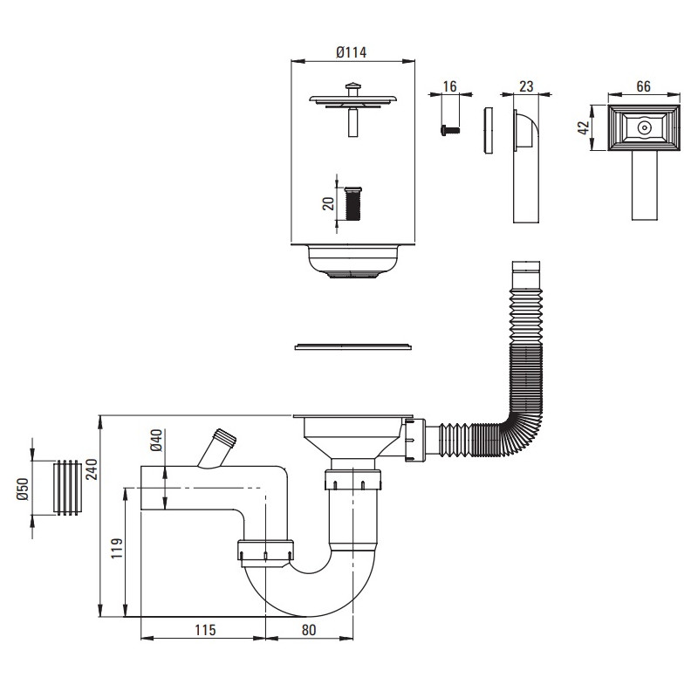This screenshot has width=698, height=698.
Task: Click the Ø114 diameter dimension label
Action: tap(351, 51)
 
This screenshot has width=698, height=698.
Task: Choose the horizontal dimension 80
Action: tap(310, 629)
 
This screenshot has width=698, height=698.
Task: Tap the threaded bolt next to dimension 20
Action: tap(353, 204)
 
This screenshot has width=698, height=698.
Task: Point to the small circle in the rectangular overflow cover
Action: tap(644, 127)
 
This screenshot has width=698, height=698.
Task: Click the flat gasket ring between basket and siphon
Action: tap(353, 347)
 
